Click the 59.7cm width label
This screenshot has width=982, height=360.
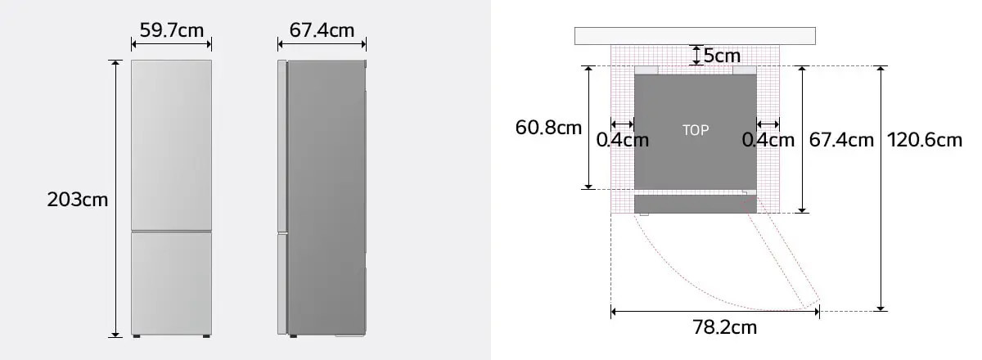coord(171,30)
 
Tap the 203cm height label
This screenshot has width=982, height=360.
coord(77,200)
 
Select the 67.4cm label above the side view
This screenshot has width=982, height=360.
coord(322,30)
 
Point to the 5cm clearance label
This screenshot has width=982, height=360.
coord(722,56)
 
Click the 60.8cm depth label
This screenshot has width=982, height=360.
coord(548,128)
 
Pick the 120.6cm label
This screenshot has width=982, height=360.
coord(925,140)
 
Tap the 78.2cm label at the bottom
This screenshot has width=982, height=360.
coord(724,327)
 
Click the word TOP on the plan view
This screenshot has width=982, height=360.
coord(696,130)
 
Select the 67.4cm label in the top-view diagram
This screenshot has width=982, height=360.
coord(841,140)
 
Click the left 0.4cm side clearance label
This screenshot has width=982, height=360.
coord(622,140)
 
